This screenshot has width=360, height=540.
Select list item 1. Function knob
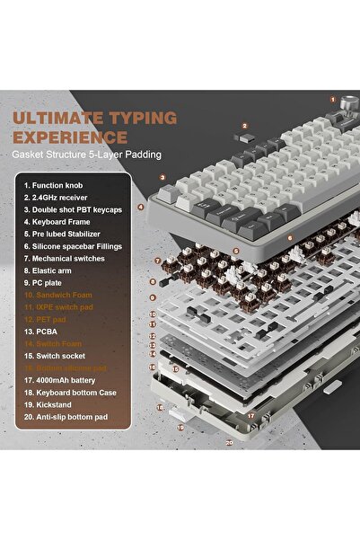click(57, 185)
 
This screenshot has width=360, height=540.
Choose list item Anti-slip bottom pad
click(73, 417)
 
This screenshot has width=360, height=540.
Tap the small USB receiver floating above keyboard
click(241, 139)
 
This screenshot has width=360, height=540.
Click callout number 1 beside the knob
click(331, 99)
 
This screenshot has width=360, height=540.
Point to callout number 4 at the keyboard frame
click(141, 207)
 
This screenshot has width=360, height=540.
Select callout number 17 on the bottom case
click(250, 415)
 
